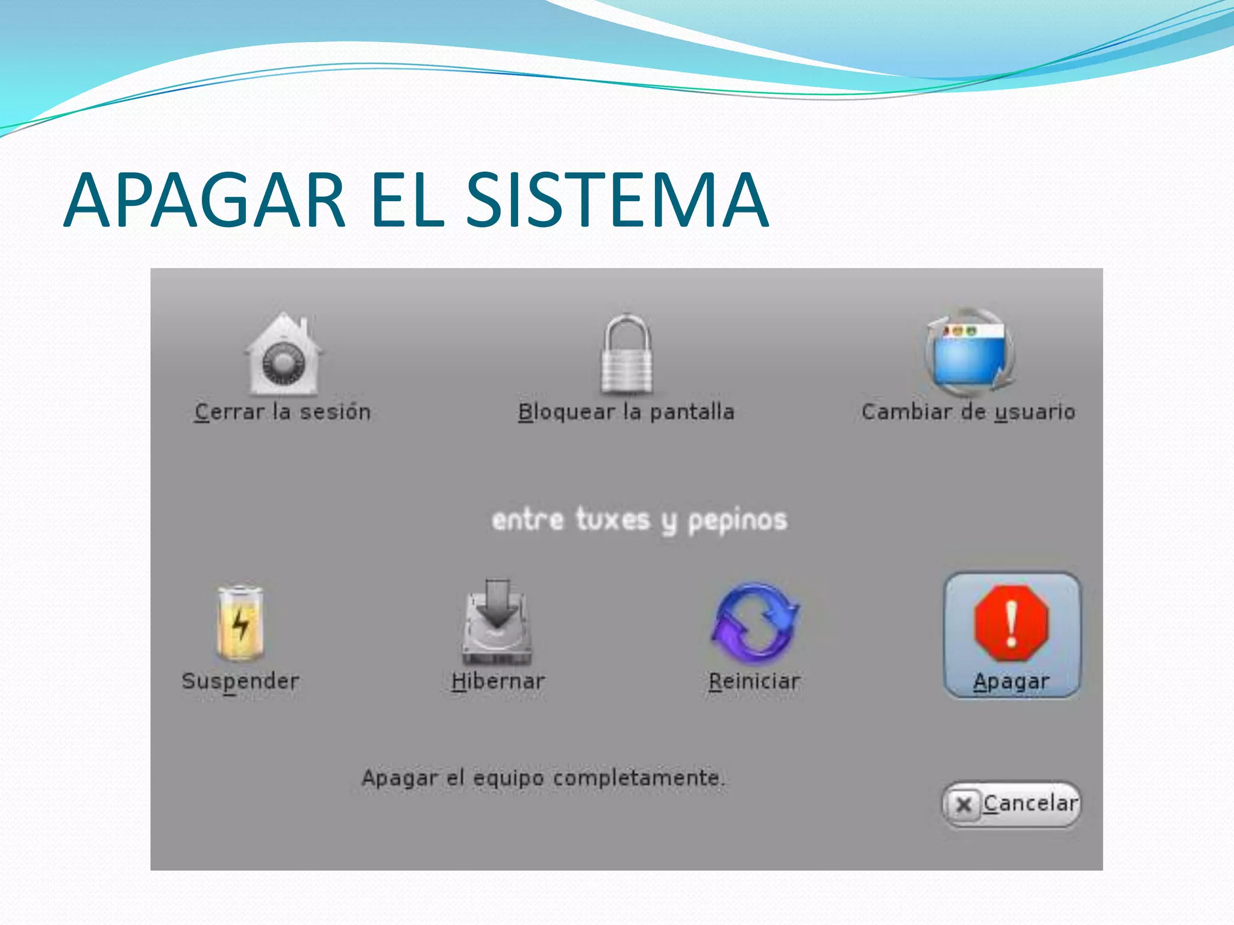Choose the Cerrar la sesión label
coord(282,412)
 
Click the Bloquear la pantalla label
coord(626,412)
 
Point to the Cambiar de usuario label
coord(968,412)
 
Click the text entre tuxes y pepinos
coord(639,520)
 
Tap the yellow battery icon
coord(240,623)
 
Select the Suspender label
coord(240,682)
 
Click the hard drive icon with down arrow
coord(497,623)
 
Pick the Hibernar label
coord(498,682)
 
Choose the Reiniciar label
coord(754,682)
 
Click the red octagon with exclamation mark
coord(1012,623)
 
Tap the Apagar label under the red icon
coord(1012,682)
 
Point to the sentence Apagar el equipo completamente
coord(543,778)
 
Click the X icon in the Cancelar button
coord(963,805)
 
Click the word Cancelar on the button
coord(1030,803)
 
